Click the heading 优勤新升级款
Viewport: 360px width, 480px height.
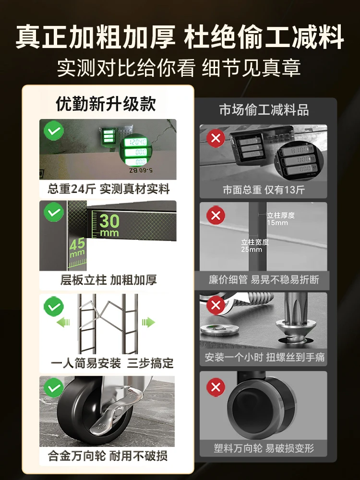106,104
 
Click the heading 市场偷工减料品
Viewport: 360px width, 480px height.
264,110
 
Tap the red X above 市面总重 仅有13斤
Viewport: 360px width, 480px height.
216,139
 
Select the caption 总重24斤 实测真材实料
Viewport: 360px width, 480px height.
108,189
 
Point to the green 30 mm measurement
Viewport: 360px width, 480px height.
109,224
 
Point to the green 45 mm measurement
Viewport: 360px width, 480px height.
77,247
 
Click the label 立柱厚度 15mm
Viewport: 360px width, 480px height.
281,219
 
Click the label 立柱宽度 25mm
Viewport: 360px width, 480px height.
255,246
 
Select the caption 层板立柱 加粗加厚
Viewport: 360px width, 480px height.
108,280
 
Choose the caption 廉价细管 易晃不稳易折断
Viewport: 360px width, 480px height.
264,279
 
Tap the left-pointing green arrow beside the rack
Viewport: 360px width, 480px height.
63,322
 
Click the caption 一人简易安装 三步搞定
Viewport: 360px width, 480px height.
112,363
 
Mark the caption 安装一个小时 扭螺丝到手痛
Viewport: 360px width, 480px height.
264,358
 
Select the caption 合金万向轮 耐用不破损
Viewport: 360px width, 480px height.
108,455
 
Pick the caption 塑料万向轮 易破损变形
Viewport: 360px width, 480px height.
264,448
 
